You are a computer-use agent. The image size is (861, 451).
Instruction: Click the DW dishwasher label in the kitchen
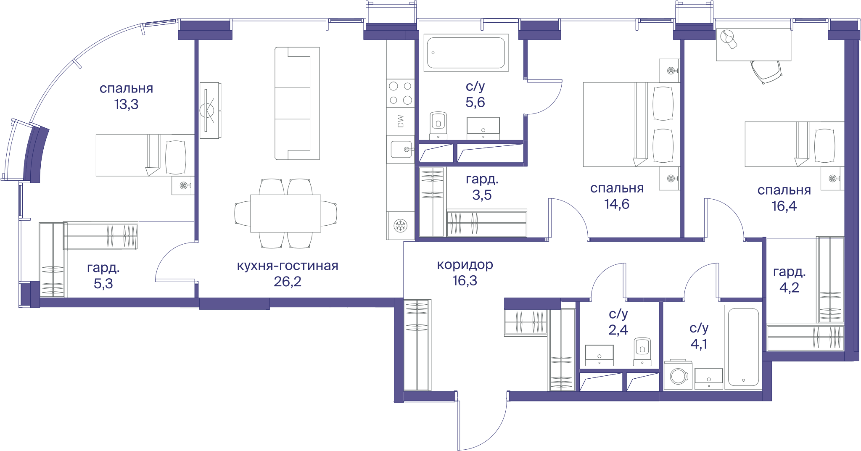click(x=401, y=121)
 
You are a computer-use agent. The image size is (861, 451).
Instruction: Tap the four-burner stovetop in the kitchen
click(x=401, y=93)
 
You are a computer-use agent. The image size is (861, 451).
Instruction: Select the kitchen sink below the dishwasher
click(x=401, y=149)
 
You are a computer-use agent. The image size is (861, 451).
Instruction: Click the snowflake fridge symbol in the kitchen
click(x=401, y=226)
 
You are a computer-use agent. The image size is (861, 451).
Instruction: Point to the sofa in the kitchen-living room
click(x=297, y=103)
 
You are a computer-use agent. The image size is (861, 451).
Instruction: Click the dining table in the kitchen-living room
click(x=286, y=214)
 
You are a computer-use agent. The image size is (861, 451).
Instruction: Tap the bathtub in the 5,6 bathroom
click(x=466, y=53)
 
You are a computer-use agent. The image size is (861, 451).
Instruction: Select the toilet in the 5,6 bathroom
click(x=438, y=125)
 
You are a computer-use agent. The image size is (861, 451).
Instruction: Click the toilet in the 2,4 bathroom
click(x=642, y=351)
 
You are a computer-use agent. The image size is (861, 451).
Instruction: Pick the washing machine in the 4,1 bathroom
click(x=678, y=375)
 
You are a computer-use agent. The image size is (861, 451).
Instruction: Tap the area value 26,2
click(x=288, y=282)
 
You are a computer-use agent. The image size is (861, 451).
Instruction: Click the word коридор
click(x=465, y=265)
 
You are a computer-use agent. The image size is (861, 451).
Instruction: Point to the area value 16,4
click(x=784, y=206)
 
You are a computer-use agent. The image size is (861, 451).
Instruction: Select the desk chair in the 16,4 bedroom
click(x=766, y=72)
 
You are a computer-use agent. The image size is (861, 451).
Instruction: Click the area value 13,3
click(x=126, y=104)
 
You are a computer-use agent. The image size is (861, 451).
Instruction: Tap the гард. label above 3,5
click(x=482, y=179)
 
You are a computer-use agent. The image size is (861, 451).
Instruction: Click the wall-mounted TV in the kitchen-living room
click(x=210, y=110)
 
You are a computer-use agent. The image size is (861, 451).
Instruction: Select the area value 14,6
click(x=617, y=204)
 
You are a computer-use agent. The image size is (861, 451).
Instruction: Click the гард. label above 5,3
click(x=103, y=268)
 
